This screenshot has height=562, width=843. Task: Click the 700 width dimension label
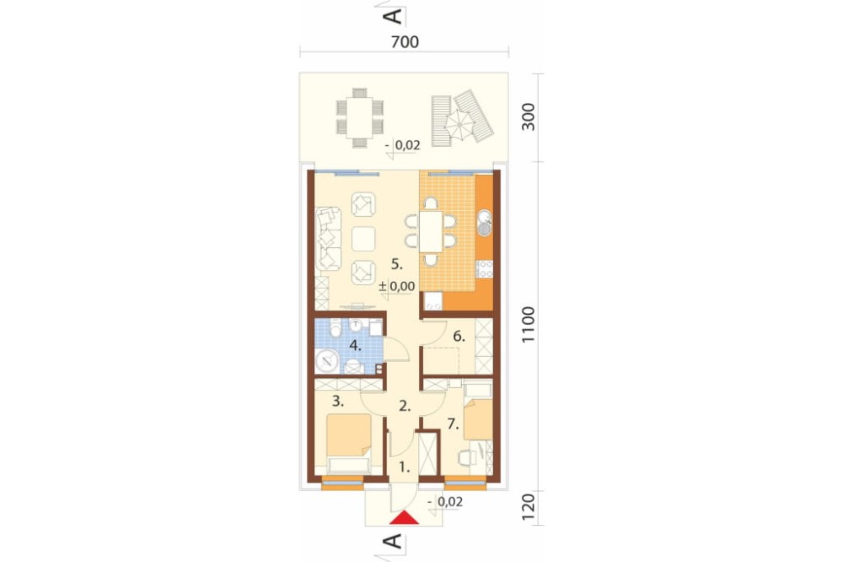(405, 41)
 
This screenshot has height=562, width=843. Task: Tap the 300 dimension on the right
(529, 116)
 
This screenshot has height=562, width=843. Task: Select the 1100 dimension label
(529, 325)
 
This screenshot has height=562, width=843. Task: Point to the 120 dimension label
(529, 506)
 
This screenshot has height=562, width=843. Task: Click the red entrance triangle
(405, 517)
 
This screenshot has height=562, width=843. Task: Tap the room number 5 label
(397, 264)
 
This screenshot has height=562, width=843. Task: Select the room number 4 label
(356, 346)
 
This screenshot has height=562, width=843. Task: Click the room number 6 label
(459, 337)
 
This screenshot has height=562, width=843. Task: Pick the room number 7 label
(454, 424)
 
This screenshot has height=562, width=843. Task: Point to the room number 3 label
(338, 401)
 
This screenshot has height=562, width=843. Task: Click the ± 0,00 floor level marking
(397, 286)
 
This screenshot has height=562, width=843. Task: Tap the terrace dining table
(360, 116)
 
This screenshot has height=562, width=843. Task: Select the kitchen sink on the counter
(485, 222)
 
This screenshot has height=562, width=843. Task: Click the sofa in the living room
(329, 239)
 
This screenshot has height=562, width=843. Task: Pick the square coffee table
(363, 239)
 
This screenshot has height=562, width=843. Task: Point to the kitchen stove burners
(485, 269)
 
